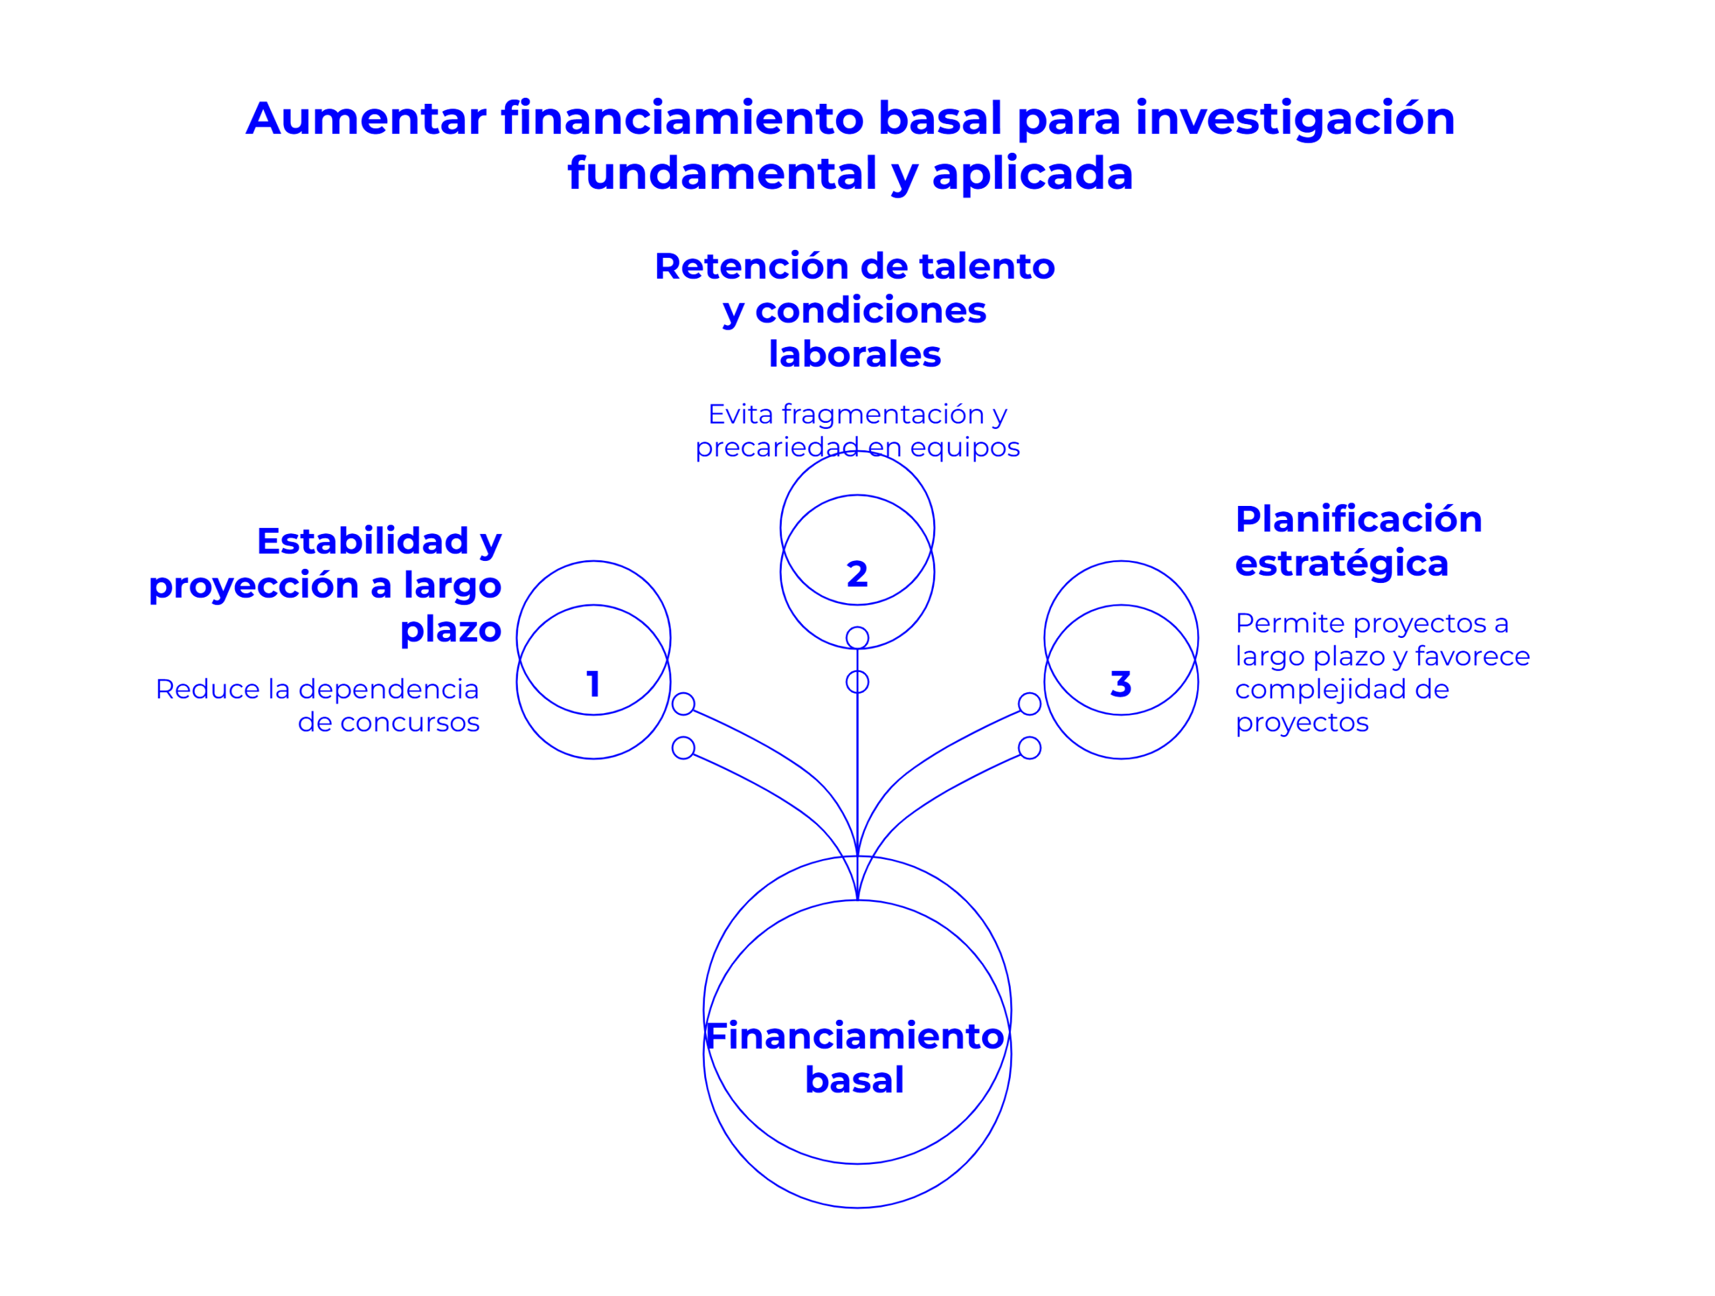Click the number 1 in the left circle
593,684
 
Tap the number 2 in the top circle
857,574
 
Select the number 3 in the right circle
1120,684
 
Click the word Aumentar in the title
366,119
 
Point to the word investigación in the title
1295,120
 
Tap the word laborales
854,354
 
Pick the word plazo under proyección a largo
450,630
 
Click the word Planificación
1359,519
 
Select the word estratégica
1341,564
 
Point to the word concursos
409,722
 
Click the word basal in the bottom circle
854,1080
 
